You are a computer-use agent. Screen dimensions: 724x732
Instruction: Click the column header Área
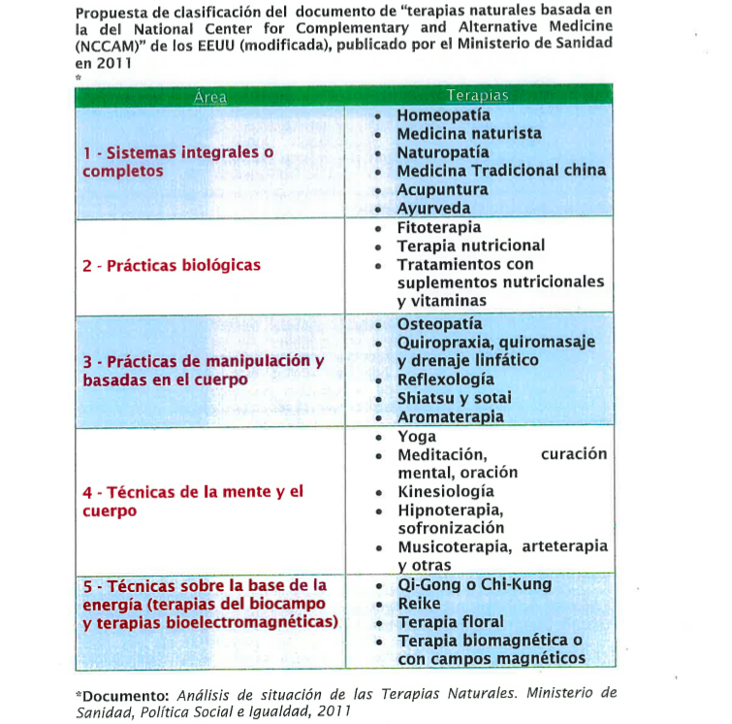click(209, 96)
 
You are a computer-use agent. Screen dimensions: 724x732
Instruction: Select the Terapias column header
click(477, 96)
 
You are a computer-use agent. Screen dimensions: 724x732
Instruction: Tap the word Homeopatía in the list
click(443, 115)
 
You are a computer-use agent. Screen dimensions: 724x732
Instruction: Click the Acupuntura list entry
click(442, 189)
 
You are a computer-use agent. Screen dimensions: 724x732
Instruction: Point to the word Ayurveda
click(433, 208)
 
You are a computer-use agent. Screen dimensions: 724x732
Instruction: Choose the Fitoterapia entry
click(438, 227)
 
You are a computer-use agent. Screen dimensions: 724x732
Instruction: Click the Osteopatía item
click(439, 323)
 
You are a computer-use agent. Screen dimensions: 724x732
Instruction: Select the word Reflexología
click(445, 379)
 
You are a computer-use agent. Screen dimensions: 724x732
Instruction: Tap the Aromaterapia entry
click(450, 416)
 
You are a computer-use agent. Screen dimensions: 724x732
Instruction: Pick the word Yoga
click(417, 436)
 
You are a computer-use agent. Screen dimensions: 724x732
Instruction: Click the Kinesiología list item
click(445, 491)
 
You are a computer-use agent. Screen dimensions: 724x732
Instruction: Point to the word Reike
click(419, 603)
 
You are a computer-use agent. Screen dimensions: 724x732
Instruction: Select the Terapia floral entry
click(451, 621)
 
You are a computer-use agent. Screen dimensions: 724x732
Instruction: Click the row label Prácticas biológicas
click(171, 265)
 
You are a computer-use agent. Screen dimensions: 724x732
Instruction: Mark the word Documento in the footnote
click(123, 695)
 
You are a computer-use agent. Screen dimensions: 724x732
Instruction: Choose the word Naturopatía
click(443, 152)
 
